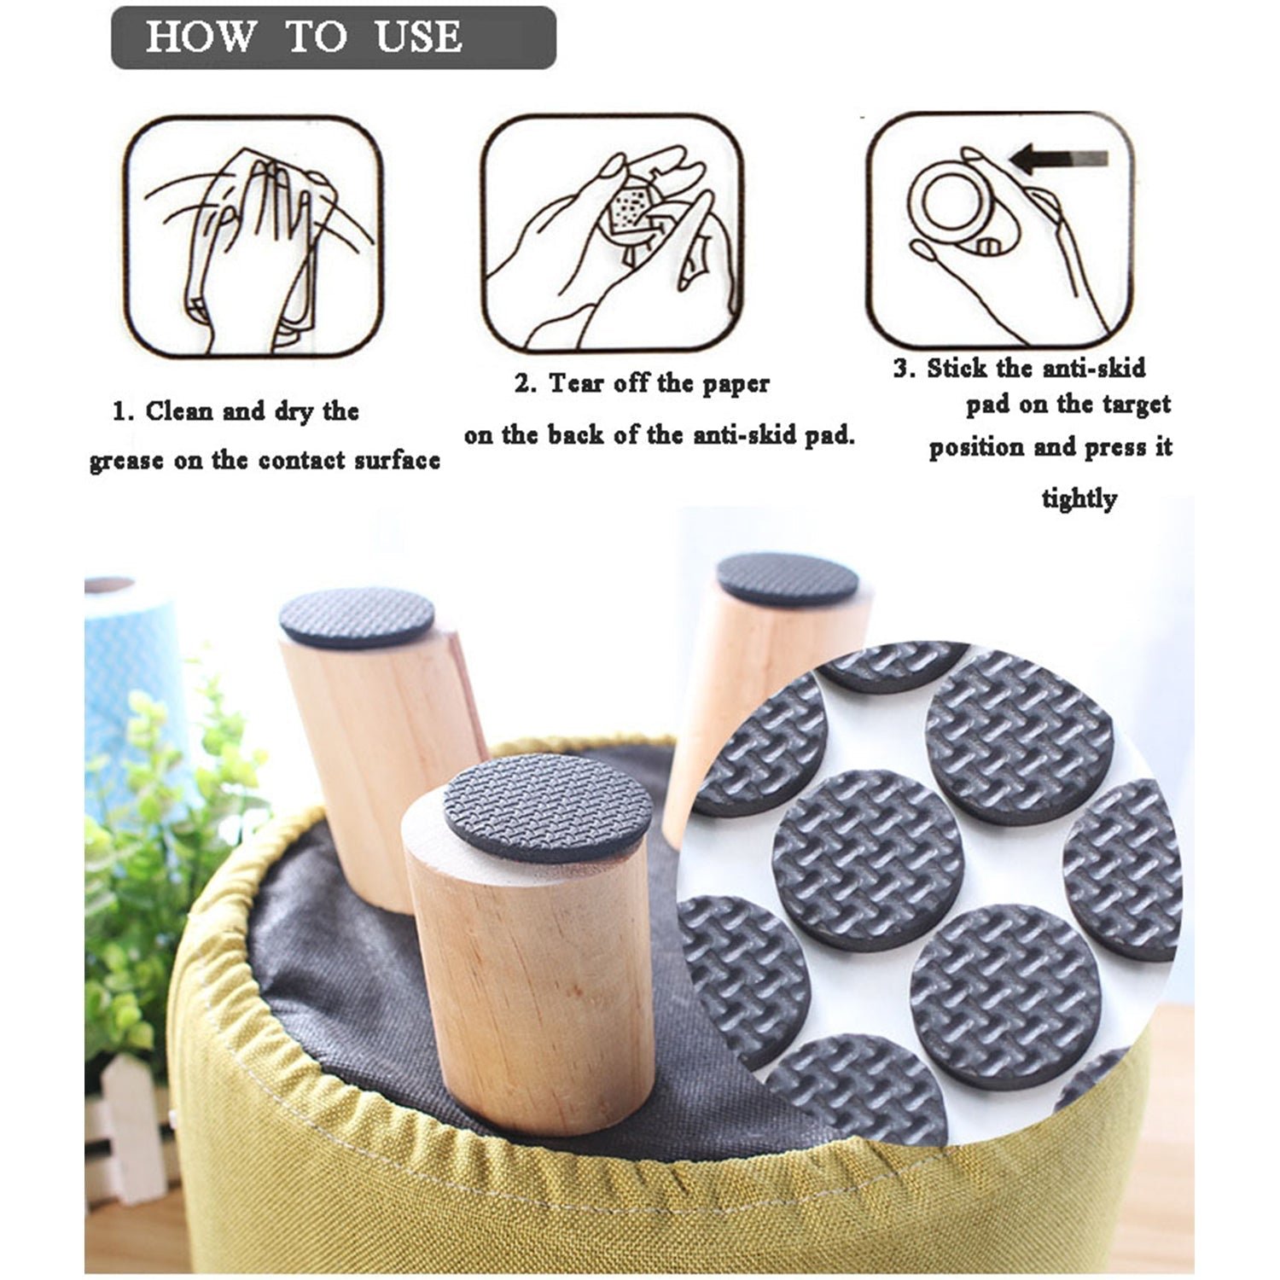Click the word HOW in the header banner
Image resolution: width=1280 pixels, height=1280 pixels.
point(200,37)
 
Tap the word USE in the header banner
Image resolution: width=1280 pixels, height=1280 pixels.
point(418,37)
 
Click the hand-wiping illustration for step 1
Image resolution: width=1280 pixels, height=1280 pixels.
point(253,236)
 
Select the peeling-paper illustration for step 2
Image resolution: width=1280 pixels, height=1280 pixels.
point(612,234)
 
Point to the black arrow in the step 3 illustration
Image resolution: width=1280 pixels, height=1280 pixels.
point(1058,159)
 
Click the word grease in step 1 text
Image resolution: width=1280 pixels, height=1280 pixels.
point(125,462)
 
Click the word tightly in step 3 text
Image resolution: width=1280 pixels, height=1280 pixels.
point(1079,498)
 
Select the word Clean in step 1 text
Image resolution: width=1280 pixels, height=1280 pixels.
point(179,411)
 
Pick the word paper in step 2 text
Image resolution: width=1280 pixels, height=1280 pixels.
point(736,383)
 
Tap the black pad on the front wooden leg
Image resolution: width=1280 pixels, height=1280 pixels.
point(548,806)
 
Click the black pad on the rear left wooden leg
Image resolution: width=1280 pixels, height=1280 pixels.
point(357,617)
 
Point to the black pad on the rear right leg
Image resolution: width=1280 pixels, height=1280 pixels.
point(787,579)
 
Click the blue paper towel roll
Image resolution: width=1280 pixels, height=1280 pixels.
point(128,649)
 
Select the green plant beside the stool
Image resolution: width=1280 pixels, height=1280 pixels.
point(162,853)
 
